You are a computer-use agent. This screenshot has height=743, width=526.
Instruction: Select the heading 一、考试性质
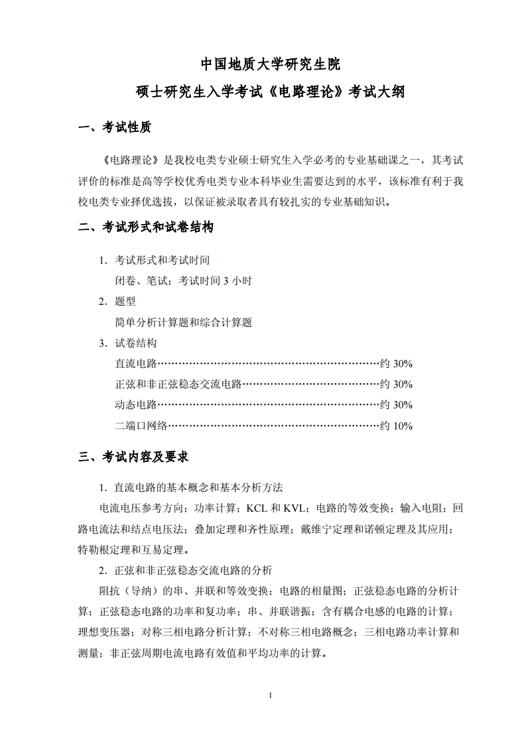coord(114,128)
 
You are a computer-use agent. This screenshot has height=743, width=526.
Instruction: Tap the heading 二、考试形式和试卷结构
coord(146,227)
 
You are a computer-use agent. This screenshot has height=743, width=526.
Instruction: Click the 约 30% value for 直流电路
coord(396,364)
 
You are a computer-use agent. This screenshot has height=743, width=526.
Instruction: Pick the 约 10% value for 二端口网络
coord(396,426)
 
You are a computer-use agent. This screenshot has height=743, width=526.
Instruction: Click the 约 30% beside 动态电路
coord(396,405)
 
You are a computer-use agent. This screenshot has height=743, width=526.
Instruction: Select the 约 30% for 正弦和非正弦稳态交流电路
coord(396,384)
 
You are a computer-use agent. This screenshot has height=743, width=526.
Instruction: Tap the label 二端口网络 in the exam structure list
coord(141,426)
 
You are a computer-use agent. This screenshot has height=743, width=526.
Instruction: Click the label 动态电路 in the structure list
coord(135,405)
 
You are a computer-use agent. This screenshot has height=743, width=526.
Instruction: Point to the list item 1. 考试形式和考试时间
coord(154,260)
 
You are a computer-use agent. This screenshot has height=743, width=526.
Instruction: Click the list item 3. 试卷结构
coord(127,343)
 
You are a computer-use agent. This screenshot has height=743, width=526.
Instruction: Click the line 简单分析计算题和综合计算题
coord(183,323)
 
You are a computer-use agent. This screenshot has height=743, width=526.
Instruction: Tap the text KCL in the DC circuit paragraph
coord(257,508)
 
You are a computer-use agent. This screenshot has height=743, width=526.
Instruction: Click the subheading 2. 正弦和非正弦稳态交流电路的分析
coord(185,571)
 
